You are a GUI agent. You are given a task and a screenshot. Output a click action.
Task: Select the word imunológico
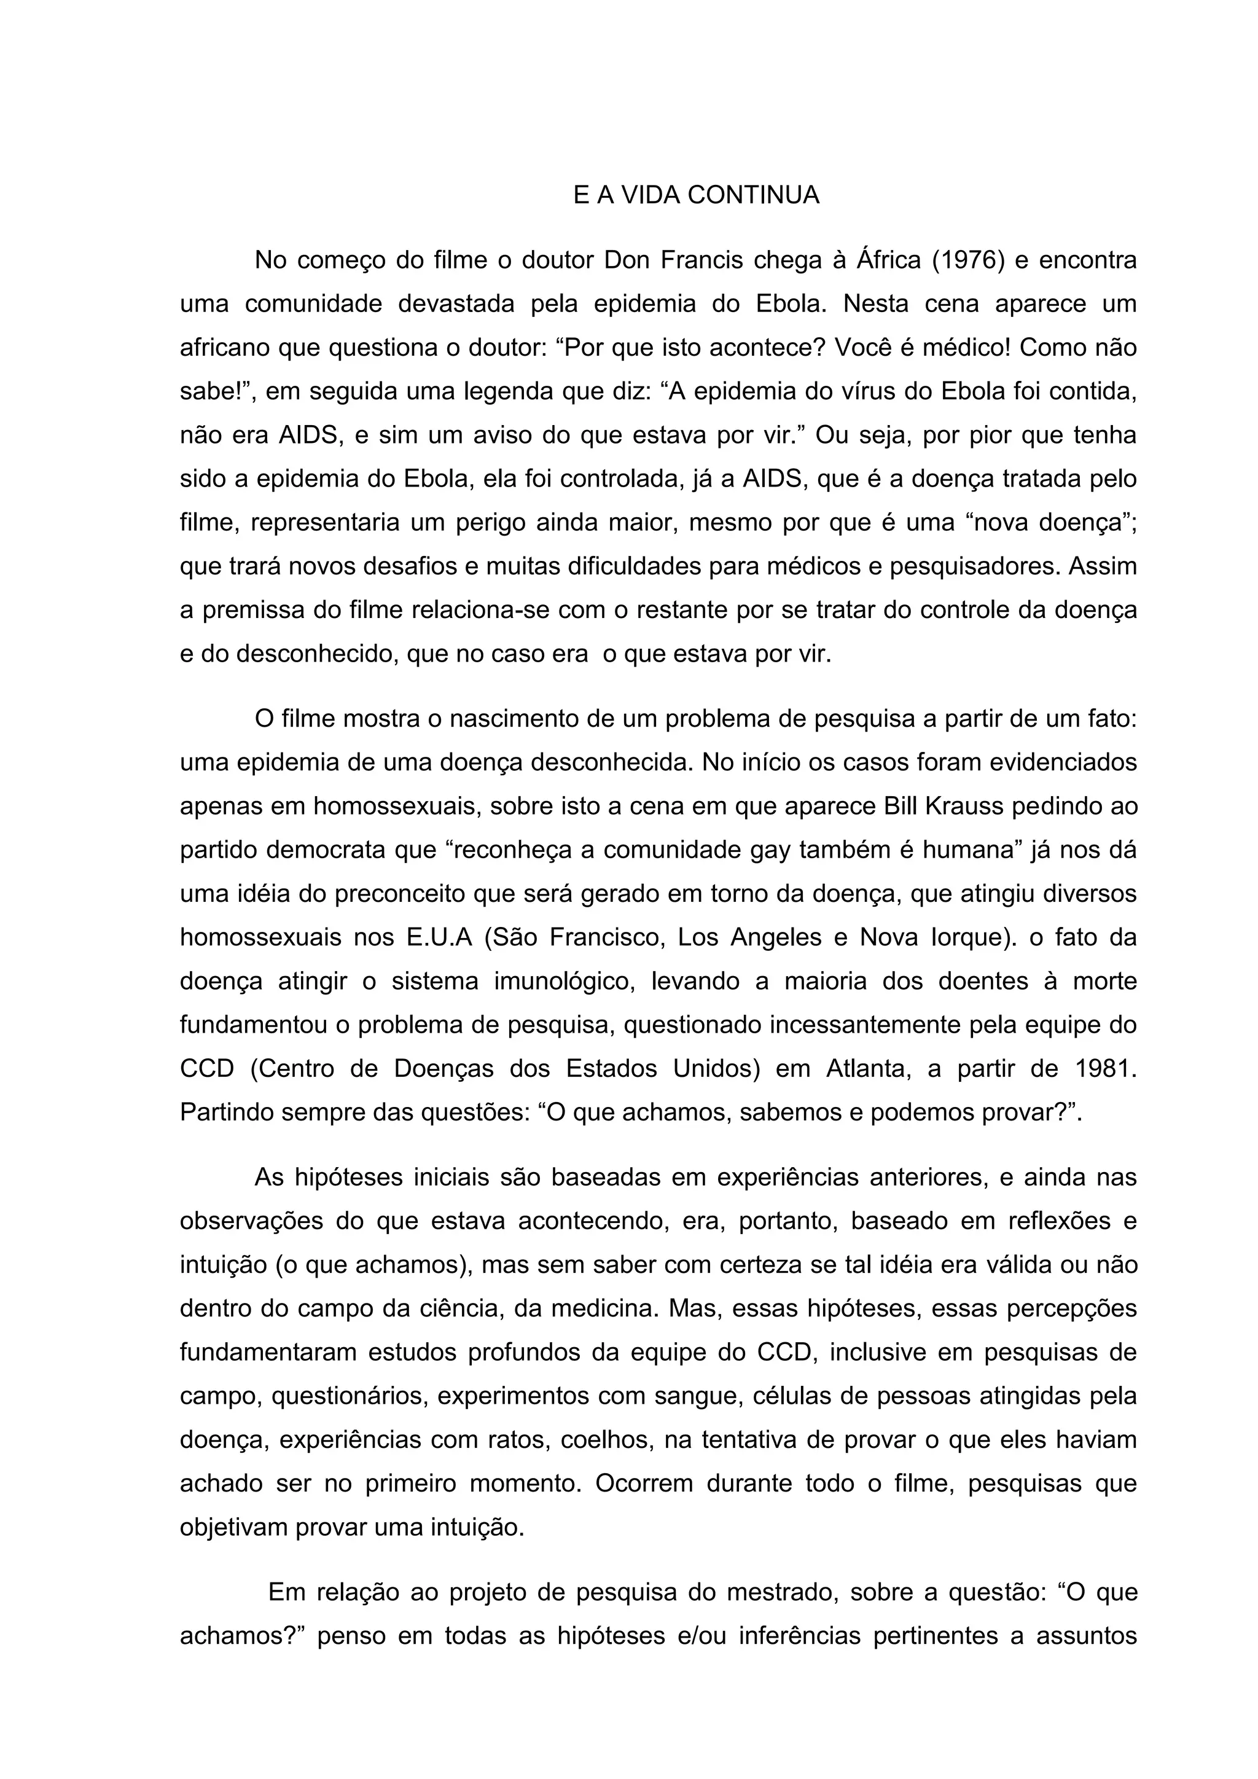coord(514,982)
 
